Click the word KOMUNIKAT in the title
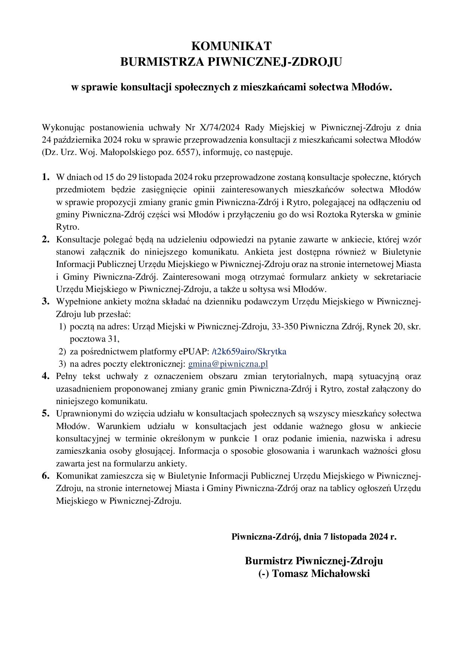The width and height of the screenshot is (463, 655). click(231, 46)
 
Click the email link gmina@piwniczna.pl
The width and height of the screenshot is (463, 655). click(228, 364)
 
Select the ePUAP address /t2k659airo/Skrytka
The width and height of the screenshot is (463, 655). click(249, 351)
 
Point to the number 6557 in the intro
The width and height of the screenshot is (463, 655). click(185, 152)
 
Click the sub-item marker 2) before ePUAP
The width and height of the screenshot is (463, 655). click(62, 351)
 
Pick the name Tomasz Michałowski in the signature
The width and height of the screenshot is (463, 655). click(321, 574)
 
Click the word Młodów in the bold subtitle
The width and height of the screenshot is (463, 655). click(372, 87)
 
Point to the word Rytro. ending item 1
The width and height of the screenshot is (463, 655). click(68, 227)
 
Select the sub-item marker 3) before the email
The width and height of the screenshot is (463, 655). click(62, 364)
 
